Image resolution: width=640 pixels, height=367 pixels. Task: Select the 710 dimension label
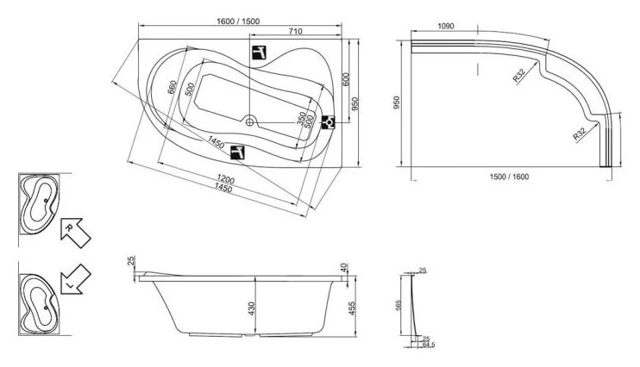click(x=294, y=32)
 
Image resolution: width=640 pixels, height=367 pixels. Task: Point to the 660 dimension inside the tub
click(x=173, y=89)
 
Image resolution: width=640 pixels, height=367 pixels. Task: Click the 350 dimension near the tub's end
click(x=300, y=118)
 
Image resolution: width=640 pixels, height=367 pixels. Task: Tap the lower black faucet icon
click(x=239, y=152)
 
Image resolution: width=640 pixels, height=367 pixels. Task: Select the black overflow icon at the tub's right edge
click(x=328, y=122)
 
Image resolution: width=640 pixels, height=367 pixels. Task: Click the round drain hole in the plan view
click(x=249, y=121)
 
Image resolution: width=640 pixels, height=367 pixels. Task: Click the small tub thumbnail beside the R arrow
click(x=39, y=202)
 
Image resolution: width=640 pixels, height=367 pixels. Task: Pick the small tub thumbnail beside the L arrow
click(x=39, y=296)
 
